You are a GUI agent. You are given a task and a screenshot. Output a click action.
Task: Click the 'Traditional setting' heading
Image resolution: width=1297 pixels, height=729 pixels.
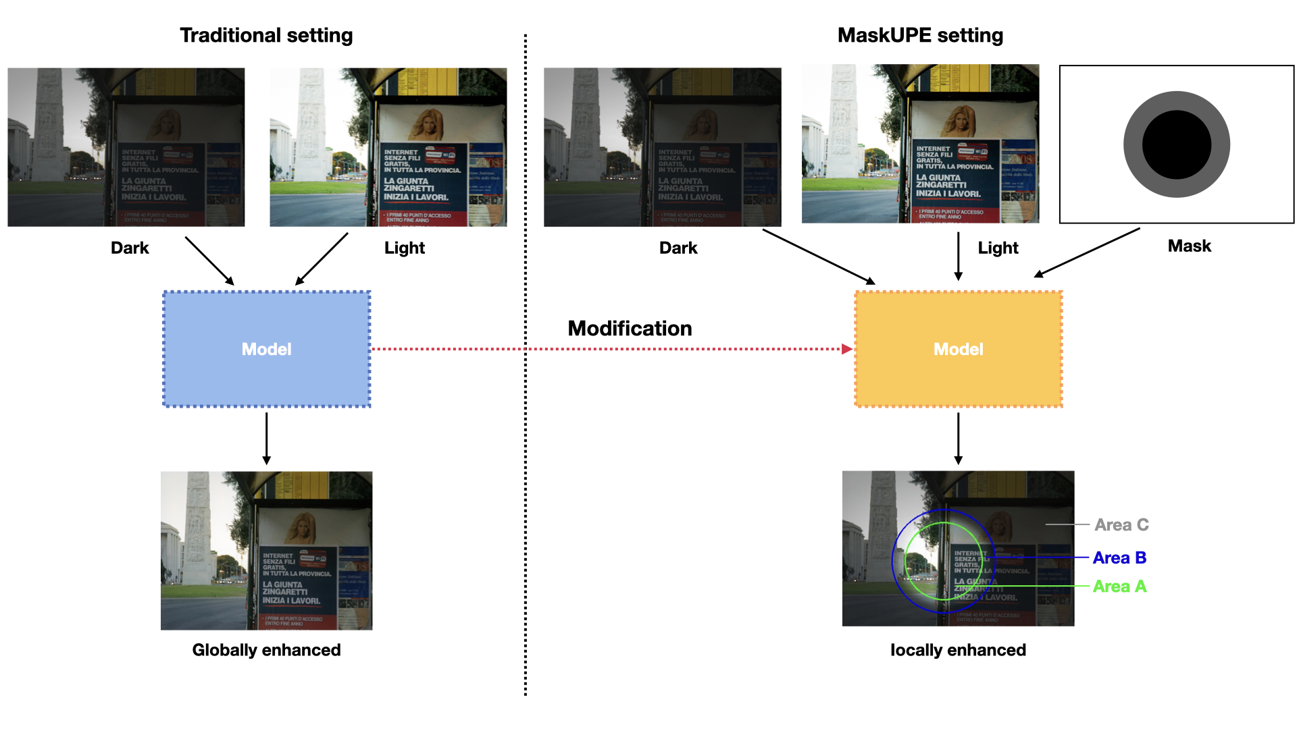point(266,35)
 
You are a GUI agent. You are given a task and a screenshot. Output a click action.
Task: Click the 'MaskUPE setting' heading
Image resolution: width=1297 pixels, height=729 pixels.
point(920,35)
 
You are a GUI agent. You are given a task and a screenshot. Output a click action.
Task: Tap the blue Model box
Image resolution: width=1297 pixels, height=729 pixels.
point(266,349)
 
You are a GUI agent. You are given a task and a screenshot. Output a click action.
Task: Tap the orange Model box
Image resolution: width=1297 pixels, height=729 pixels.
point(958,349)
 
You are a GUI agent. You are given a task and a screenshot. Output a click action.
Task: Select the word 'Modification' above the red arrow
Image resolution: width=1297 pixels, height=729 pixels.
point(630,329)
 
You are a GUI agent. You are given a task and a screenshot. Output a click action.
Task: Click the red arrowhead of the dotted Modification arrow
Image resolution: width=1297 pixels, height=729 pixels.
point(847,349)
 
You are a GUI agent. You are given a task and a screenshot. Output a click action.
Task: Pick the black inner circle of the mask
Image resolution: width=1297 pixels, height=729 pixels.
point(1176,144)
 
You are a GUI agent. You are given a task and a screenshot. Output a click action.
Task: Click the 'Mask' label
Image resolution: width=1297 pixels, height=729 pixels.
point(1189,246)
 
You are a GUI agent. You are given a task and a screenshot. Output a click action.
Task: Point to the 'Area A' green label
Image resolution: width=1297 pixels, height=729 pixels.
point(1119,587)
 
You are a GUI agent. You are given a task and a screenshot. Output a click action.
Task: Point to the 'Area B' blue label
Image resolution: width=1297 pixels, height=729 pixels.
point(1119,558)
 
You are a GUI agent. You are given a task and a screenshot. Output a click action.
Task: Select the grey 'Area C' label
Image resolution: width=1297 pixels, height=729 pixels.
point(1121,525)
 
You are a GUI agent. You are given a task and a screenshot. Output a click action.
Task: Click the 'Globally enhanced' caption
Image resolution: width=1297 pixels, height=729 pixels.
point(266,650)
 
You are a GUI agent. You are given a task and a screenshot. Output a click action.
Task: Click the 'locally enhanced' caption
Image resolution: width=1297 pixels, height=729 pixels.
point(958,650)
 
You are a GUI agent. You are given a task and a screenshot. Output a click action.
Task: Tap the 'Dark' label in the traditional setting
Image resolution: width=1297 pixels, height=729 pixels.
point(130,248)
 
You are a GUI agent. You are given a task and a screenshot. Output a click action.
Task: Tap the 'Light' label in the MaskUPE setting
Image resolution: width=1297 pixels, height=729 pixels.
point(998,248)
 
